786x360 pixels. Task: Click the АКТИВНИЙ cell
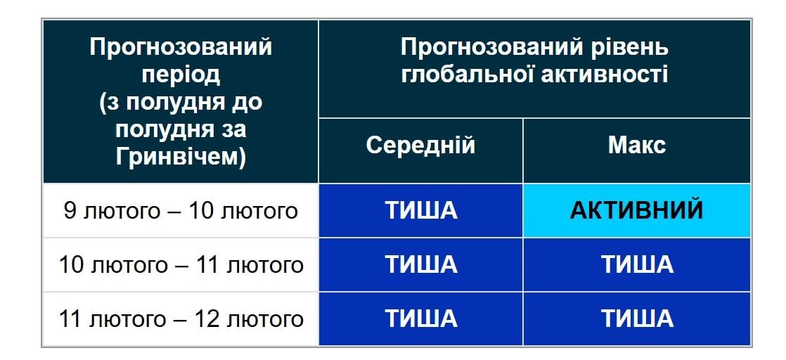tap(636, 210)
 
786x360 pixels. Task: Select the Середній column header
tap(420, 146)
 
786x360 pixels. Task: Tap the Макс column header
tap(636, 146)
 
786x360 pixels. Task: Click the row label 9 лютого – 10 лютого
tap(181, 211)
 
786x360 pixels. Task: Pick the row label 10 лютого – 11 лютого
tap(181, 265)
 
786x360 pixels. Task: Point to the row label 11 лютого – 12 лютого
tap(181, 319)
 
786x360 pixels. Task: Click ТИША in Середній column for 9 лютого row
tap(420, 210)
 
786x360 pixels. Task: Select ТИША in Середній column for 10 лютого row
tap(420, 265)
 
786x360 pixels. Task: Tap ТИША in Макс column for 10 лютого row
tap(636, 265)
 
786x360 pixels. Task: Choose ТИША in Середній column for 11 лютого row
tap(420, 319)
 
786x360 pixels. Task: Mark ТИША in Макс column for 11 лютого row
tap(636, 319)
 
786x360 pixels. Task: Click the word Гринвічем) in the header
tap(181, 157)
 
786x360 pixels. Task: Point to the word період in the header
tap(181, 75)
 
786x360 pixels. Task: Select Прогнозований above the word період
tap(181, 48)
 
